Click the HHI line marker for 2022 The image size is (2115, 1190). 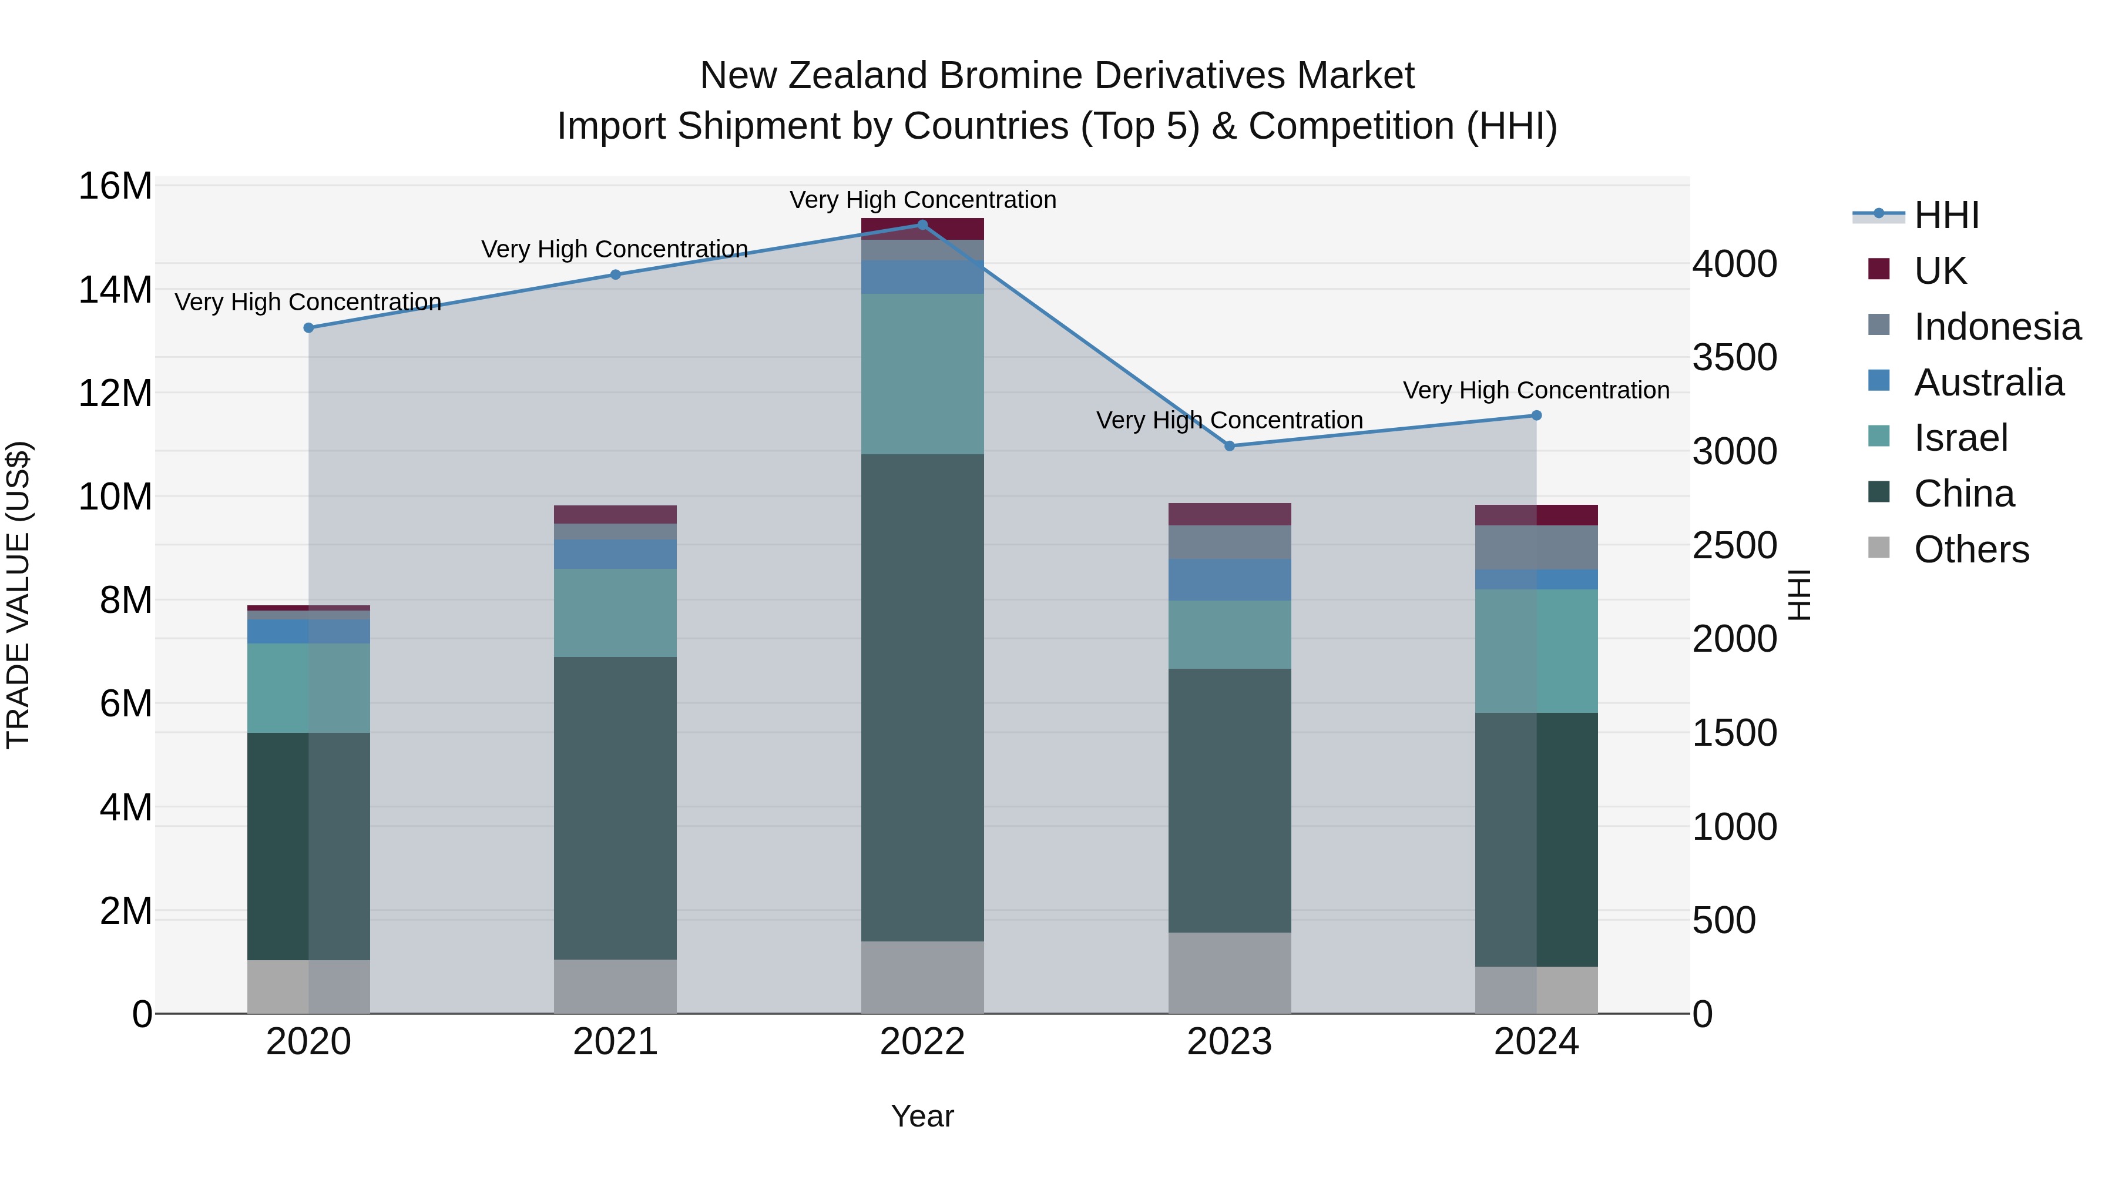pyautogui.click(x=922, y=225)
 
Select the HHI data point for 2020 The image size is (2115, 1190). pyautogui.click(x=308, y=328)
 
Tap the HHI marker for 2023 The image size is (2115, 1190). pyautogui.click(x=1229, y=446)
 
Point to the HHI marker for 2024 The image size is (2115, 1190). pyautogui.click(x=1536, y=415)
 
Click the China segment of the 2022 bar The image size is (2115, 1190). pyautogui.click(x=922, y=698)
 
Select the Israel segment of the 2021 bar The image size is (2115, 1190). pyautogui.click(x=615, y=613)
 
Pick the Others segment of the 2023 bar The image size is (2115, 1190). pyautogui.click(x=1229, y=973)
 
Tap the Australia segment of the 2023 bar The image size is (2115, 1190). pyautogui.click(x=1229, y=580)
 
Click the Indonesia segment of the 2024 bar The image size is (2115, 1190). pyautogui.click(x=1536, y=547)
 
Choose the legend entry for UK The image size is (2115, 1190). pyautogui.click(x=1939, y=271)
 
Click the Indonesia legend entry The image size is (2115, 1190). pyautogui.click(x=1997, y=327)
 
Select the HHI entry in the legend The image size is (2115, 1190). pyautogui.click(x=1946, y=215)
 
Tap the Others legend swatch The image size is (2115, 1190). pyautogui.click(x=1879, y=548)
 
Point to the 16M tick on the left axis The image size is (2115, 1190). pyautogui.click(x=115, y=186)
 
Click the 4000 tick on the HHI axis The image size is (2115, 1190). pyautogui.click(x=1734, y=264)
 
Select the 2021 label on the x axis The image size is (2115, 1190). pyautogui.click(x=615, y=1042)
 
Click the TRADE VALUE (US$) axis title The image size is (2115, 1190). pyautogui.click(x=18, y=595)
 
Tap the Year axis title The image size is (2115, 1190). pyautogui.click(x=922, y=1116)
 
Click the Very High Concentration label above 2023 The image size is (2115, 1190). pyautogui.click(x=1229, y=421)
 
